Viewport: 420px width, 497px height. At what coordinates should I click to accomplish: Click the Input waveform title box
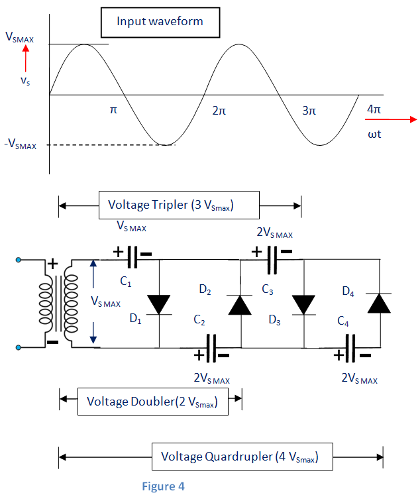click(x=160, y=23)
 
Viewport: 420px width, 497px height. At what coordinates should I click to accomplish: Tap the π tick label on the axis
click(x=113, y=111)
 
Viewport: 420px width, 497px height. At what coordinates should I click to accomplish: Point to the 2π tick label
click(x=219, y=111)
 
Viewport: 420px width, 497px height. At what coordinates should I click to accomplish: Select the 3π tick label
click(x=309, y=111)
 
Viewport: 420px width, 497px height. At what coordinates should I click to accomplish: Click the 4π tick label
click(x=373, y=109)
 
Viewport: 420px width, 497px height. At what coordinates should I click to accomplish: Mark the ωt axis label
click(x=374, y=134)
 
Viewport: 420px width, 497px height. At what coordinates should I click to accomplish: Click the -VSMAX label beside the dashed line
click(x=21, y=144)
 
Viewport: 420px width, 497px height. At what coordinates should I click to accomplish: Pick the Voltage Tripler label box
click(x=179, y=205)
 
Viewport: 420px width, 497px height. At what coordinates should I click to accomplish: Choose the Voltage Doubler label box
click(x=153, y=401)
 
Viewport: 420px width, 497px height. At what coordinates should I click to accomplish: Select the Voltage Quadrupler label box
click(x=239, y=457)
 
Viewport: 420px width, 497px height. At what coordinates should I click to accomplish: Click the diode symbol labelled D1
click(x=159, y=304)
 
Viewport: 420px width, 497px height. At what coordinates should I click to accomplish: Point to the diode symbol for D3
click(x=304, y=304)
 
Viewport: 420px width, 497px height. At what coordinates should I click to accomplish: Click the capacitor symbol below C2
click(x=211, y=349)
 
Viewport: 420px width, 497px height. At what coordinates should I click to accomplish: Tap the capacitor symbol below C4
click(x=350, y=349)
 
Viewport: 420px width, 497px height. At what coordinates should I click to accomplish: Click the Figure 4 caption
click(x=163, y=486)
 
